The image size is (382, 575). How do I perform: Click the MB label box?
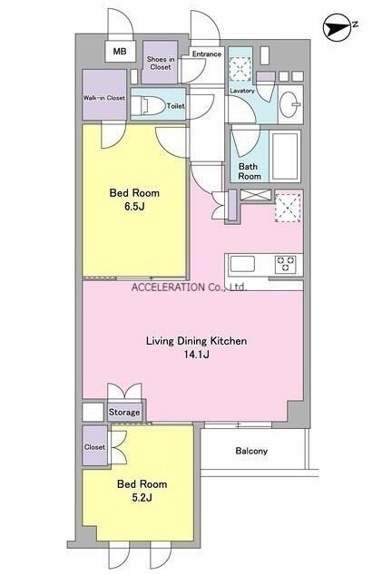coord(120,51)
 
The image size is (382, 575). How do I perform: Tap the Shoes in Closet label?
coord(161,63)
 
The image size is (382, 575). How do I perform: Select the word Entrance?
coord(207,54)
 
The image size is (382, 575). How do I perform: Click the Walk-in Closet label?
coord(104,98)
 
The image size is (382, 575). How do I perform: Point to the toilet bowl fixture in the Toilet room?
coord(148,105)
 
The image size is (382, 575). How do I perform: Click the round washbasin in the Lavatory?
coord(289,104)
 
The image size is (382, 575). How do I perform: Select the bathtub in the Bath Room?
coord(285,156)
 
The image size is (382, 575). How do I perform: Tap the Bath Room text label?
coord(250,171)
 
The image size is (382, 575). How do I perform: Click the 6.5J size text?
coord(134,207)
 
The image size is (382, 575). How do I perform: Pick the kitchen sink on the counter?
coord(242,264)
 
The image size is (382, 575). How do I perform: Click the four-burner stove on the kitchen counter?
coord(285,264)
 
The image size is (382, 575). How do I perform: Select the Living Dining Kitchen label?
coord(196,341)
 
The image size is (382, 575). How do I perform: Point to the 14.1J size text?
coord(197,355)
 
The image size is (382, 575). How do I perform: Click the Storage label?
coord(124,412)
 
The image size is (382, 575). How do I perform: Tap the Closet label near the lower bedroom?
coord(94,447)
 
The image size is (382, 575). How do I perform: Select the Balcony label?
coord(251,451)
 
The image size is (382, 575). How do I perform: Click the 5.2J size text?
coord(142,498)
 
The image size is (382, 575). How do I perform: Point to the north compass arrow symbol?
coord(336,27)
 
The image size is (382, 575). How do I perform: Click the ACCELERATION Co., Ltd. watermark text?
coord(189,287)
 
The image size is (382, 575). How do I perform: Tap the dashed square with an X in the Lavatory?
coord(240,69)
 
